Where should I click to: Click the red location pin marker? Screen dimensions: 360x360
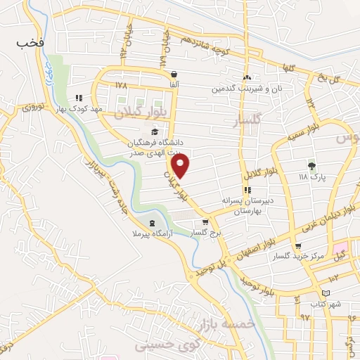point(182,166)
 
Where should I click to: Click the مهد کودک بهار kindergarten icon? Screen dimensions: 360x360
point(79,98)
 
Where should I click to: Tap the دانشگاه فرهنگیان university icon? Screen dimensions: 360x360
point(154,131)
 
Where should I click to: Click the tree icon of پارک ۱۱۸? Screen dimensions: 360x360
point(310,166)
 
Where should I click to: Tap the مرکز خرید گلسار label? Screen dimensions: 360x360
point(299,257)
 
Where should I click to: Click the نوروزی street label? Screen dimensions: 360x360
point(33,108)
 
